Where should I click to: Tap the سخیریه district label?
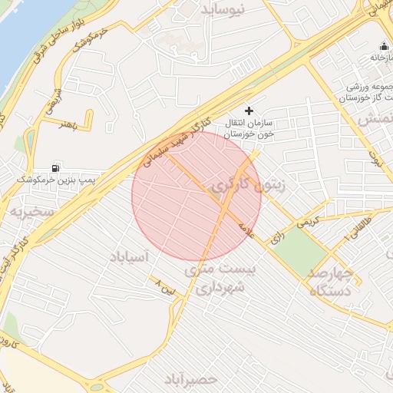coord(30,210)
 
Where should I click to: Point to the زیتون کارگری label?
coord(253,185)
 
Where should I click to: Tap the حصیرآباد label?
coord(190,378)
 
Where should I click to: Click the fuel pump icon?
coord(55,167)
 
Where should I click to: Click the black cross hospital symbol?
coord(247,111)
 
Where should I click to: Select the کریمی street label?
coord(307,221)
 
